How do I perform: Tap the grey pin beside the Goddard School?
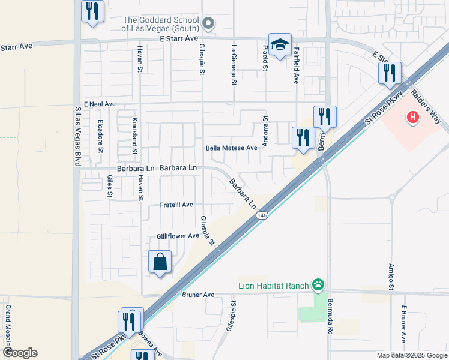pos(208,24)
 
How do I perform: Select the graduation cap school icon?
pos(280,44)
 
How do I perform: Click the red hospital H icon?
pos(412,117)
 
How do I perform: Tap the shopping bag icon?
pos(160,262)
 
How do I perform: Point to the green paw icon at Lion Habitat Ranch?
pos(318,286)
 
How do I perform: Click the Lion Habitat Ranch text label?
pos(273,286)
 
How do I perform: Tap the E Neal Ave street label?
pos(100,104)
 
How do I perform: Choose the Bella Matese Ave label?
pos(231,148)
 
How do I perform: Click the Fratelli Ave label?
pos(176,205)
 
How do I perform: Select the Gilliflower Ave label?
pos(178,236)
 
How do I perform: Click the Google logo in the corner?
pos(20,352)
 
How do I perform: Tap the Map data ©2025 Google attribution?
pos(411,355)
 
